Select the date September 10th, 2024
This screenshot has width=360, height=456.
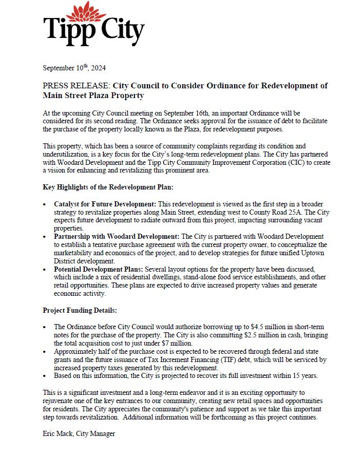(x=74, y=68)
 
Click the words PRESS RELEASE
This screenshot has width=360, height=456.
(x=77, y=86)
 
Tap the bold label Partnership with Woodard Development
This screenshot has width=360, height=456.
(x=115, y=236)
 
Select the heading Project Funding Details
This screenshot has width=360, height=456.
(x=80, y=310)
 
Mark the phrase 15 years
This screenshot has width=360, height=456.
(x=302, y=376)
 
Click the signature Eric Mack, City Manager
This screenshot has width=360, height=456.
(x=79, y=434)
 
